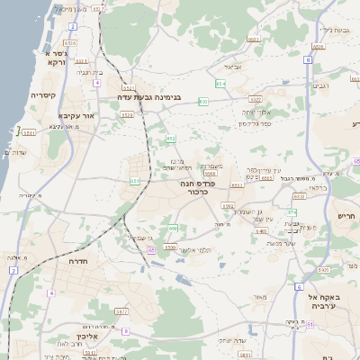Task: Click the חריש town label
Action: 346,216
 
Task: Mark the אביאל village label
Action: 232,67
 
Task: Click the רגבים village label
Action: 319,86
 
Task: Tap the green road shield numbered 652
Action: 170,139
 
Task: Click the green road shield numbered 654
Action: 220,84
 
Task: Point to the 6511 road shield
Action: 29,133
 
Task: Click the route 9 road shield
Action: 125,331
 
